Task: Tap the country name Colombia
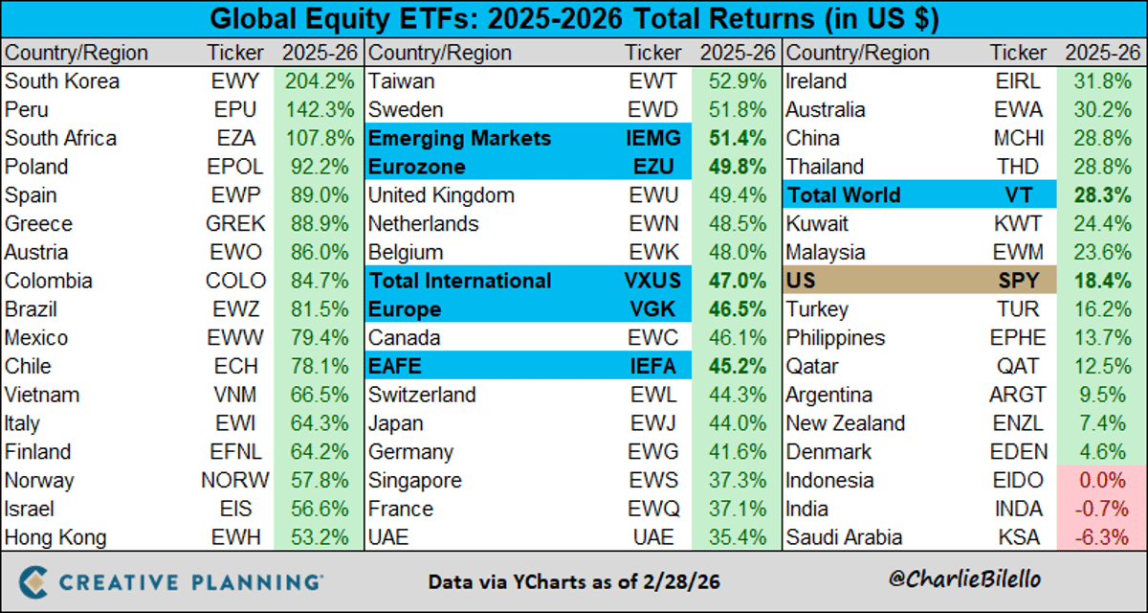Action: [x=49, y=281]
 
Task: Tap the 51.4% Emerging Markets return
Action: [x=738, y=139]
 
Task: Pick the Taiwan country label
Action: [x=401, y=81]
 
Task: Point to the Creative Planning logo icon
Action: [x=34, y=581]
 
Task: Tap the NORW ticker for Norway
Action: [x=237, y=481]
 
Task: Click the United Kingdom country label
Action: [x=441, y=195]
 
